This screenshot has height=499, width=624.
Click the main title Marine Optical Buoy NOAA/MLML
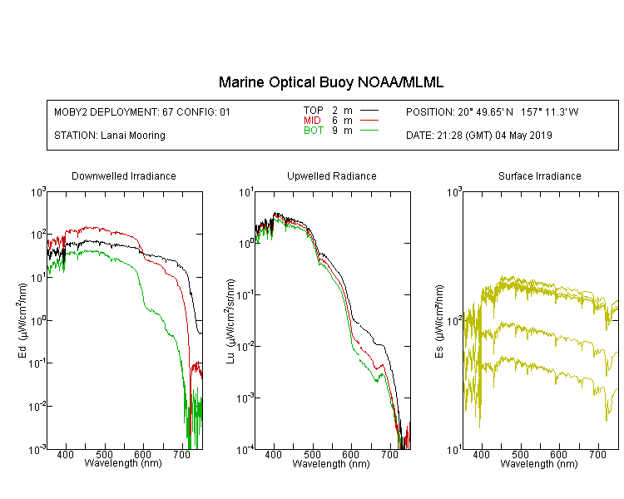(x=330, y=82)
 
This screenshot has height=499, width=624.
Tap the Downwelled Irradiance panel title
(x=124, y=175)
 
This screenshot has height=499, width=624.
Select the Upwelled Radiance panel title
(x=331, y=175)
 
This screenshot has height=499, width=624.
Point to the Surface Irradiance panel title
(x=540, y=175)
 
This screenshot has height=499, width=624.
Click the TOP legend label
(x=313, y=111)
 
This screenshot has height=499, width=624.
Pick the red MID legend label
(x=312, y=120)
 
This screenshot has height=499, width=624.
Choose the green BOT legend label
(x=313, y=131)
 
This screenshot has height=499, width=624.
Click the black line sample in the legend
(x=369, y=111)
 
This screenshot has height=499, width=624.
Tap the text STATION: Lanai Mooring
(x=110, y=136)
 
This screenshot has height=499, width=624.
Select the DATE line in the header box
(x=478, y=136)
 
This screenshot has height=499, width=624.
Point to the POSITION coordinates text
(x=492, y=111)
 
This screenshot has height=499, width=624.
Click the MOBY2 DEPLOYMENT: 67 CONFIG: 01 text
(x=142, y=111)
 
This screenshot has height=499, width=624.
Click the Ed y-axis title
(x=22, y=320)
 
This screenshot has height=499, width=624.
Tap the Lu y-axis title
(x=230, y=321)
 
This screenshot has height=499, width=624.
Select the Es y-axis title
(x=438, y=321)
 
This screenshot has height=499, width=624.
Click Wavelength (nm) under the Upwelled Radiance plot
(x=331, y=463)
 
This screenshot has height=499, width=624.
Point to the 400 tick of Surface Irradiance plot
(x=481, y=454)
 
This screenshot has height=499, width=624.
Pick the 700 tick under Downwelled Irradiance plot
(x=182, y=454)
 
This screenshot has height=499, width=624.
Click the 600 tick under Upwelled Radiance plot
(x=351, y=454)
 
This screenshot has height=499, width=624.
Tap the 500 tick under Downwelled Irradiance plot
(x=105, y=454)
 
